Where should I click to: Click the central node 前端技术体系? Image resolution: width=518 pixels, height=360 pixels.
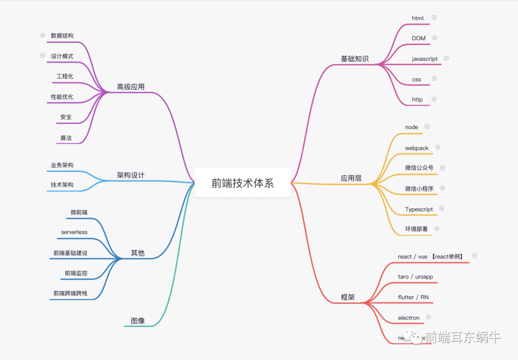pos(243,183)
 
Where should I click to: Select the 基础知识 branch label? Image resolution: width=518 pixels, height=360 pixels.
pos(354,59)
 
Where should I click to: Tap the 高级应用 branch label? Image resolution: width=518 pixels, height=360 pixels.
pos(130,87)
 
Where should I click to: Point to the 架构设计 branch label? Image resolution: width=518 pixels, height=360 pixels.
pos(130,175)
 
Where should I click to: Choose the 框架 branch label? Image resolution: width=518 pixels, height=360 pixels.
pos(348,297)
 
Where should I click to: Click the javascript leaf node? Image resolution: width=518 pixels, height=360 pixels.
pos(424,59)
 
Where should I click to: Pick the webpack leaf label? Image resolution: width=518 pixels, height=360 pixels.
pos(416,148)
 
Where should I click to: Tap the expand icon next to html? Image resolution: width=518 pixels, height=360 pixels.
pos(434,17)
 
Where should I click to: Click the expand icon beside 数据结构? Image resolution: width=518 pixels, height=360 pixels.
pos(42,35)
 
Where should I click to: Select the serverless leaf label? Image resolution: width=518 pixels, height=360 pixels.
pos(74,232)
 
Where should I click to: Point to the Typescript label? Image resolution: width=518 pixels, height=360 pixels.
pos(419,209)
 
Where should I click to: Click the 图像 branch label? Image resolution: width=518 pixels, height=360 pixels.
pos(138,321)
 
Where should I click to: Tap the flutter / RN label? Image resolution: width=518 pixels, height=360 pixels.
pos(413,297)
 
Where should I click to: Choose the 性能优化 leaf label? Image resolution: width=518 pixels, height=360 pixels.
pos(62,97)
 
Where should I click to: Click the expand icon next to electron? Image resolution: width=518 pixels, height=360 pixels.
pos(429,317)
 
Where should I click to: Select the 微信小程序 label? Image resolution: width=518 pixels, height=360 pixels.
pos(419,189)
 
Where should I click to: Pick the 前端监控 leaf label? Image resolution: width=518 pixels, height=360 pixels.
pos(76,273)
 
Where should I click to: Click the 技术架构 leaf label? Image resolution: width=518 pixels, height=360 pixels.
pos(62,185)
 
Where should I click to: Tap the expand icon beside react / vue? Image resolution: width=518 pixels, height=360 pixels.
pos(474,256)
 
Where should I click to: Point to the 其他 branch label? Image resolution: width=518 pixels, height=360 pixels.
pos(138,253)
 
